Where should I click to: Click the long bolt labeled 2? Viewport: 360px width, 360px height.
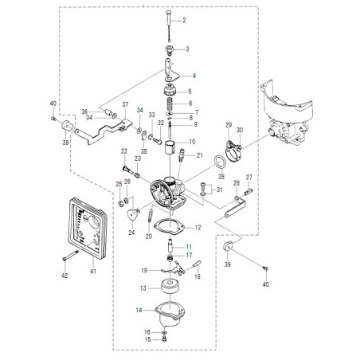click(169, 26)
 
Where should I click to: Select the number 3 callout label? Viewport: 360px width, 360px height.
click(187, 49)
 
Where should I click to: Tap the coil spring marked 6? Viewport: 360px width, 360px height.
click(170, 104)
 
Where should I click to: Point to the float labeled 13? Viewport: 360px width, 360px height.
click(170, 286)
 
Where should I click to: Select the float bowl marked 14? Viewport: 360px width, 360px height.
click(170, 315)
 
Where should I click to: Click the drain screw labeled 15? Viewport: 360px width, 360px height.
click(164, 338)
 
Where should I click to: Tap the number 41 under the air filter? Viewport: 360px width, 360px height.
click(93, 272)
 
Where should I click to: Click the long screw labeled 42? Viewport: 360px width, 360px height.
click(71, 255)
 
